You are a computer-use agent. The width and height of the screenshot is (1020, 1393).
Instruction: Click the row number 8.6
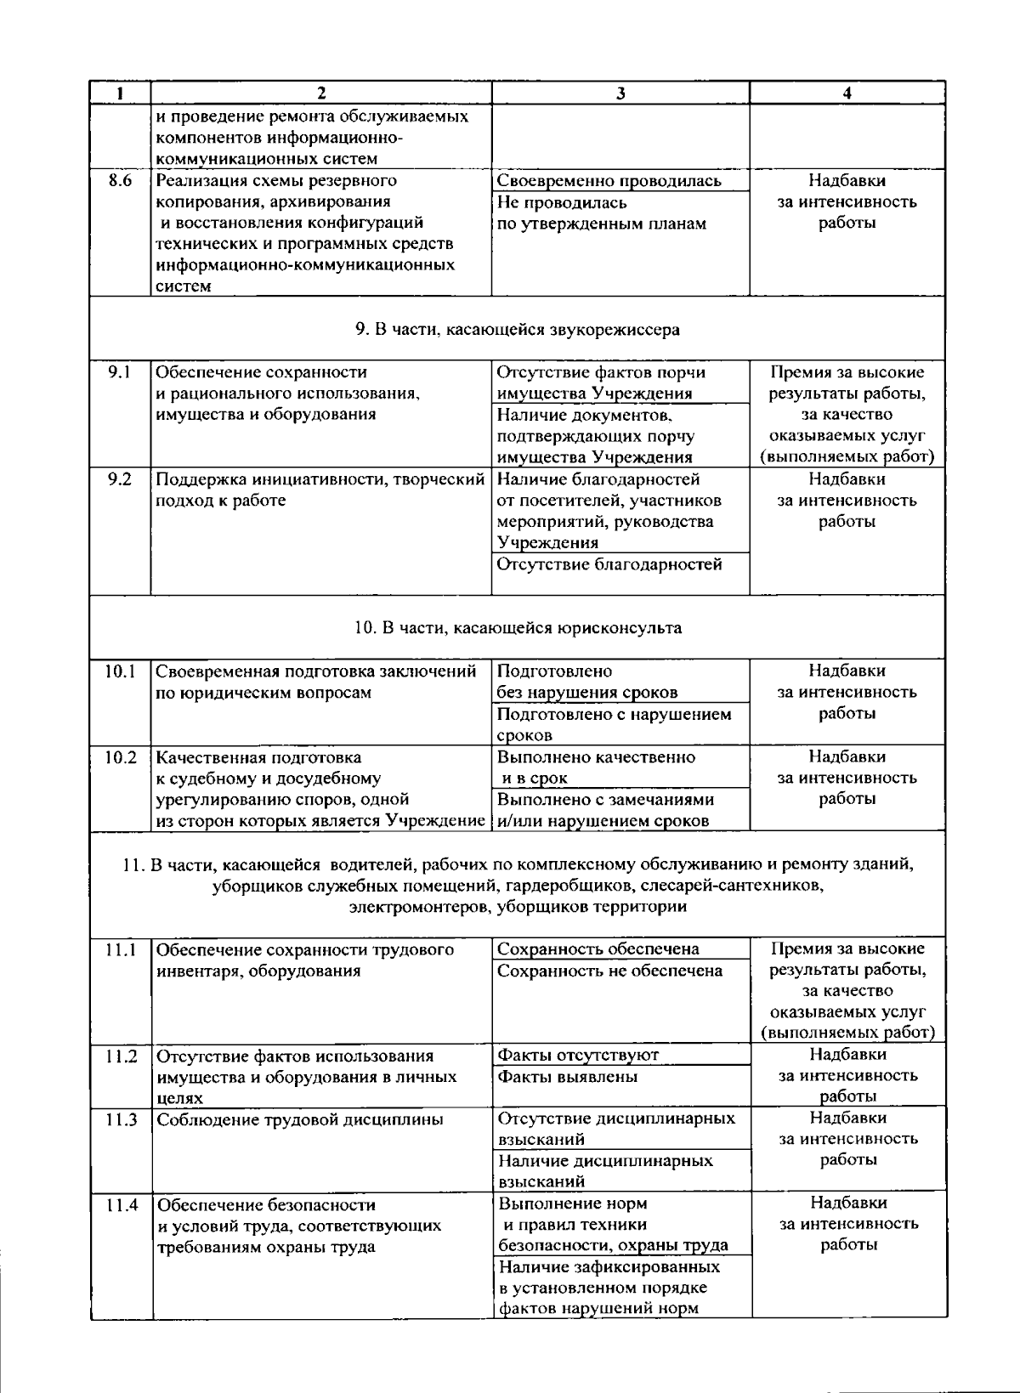[121, 181]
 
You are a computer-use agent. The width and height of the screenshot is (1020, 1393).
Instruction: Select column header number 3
[620, 93]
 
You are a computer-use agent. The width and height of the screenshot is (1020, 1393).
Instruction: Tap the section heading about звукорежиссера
[518, 329]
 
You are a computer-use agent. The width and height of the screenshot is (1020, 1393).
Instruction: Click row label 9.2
[121, 479]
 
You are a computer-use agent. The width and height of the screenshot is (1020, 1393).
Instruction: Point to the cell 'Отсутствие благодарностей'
[609, 564]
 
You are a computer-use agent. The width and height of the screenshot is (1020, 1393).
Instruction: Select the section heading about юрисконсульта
[518, 628]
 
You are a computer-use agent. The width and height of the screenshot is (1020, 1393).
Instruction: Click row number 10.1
[121, 671]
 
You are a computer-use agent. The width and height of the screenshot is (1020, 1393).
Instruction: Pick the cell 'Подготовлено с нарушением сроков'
[614, 724]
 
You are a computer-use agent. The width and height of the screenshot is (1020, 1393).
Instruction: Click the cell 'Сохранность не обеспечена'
[609, 971]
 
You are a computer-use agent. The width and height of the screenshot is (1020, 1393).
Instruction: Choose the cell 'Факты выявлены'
[567, 1077]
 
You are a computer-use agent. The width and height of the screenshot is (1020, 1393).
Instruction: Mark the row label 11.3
[122, 1119]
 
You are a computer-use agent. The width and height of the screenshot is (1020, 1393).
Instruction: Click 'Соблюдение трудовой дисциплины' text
[300, 1119]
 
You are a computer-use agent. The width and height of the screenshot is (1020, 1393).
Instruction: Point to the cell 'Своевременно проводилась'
[609, 181]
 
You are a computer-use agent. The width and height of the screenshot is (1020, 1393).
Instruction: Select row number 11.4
[122, 1204]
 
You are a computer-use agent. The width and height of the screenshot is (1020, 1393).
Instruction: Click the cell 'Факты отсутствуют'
[578, 1055]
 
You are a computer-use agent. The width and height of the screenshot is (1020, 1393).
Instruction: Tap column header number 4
[847, 93]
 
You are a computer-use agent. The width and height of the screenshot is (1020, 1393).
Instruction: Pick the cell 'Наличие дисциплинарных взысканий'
[605, 1170]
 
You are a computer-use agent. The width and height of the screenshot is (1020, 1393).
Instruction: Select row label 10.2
[121, 757]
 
